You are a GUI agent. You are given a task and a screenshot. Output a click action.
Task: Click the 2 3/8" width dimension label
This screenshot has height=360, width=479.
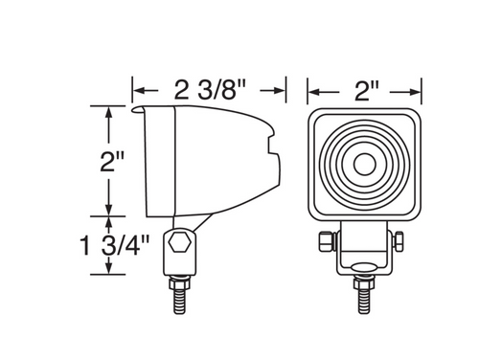point(211,90)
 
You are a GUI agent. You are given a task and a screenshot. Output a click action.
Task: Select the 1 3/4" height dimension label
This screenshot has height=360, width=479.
point(115,245)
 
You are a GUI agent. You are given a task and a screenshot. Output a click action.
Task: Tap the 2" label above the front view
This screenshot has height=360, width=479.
point(367,92)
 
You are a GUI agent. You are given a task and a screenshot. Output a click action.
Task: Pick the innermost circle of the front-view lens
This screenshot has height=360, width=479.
point(365,164)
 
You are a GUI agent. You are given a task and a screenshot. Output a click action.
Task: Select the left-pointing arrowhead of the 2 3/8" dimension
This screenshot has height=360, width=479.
point(139,90)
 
